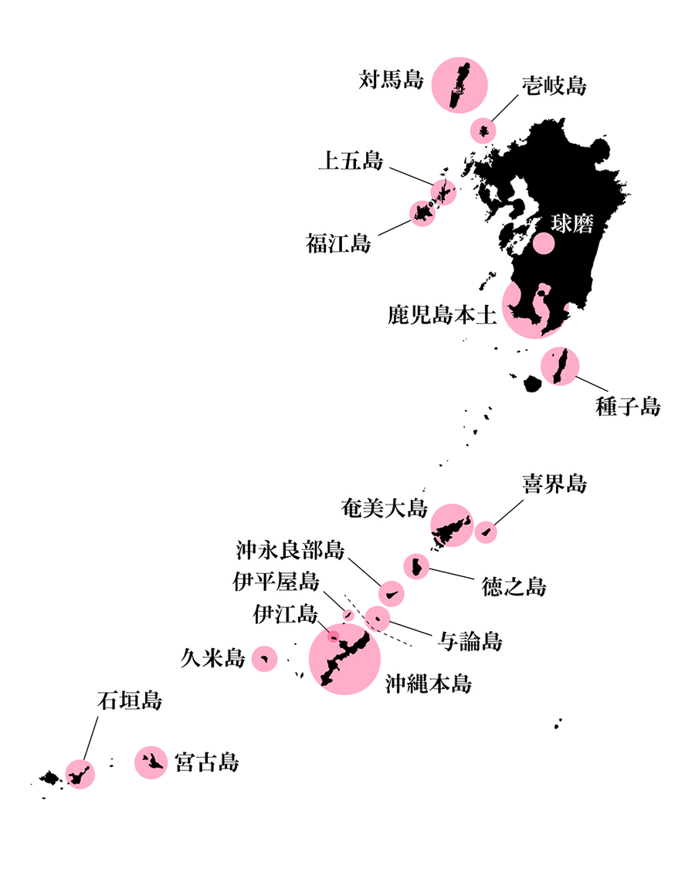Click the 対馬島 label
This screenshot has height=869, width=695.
coord(392,80)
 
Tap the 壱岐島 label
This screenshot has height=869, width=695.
coord(554,86)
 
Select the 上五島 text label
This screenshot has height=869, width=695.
coord(351,161)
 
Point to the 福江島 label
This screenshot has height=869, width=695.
coord(339,243)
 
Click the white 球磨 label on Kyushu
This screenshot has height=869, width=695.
coord(572,223)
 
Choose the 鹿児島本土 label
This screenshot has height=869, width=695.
coord(442,315)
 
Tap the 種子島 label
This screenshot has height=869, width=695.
coord(628,406)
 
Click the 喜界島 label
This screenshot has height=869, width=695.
coord(554,484)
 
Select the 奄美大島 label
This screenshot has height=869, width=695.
coord(384,507)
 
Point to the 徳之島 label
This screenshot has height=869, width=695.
coord(514,586)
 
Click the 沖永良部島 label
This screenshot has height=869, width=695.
coord(290,550)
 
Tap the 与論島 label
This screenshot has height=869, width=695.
coord(470,641)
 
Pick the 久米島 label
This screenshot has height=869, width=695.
coord(213,658)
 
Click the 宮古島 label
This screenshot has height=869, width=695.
coord(207,762)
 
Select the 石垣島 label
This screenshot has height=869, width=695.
coord(130,701)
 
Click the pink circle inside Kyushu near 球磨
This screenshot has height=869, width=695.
coord(544,243)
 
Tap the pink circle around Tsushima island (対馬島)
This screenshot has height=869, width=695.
coord(459,85)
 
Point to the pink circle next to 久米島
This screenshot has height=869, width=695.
coord(264,658)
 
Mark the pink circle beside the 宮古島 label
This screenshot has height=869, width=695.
coord(151,762)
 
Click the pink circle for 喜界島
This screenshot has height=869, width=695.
coord(486,532)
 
